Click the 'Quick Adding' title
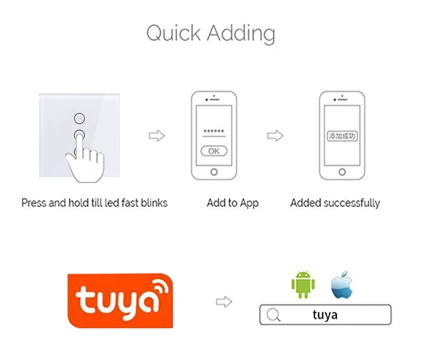(211, 33)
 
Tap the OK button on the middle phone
(214, 151)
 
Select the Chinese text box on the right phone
(342, 136)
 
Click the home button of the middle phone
(214, 172)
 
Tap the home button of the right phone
(342, 172)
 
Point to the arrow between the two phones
(275, 136)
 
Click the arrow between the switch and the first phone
(156, 136)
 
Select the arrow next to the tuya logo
(224, 302)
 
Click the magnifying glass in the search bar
(273, 315)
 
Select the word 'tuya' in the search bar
(325, 315)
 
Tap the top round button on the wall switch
(79, 117)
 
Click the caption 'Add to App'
(233, 203)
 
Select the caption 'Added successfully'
(335, 203)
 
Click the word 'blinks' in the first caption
(152, 203)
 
